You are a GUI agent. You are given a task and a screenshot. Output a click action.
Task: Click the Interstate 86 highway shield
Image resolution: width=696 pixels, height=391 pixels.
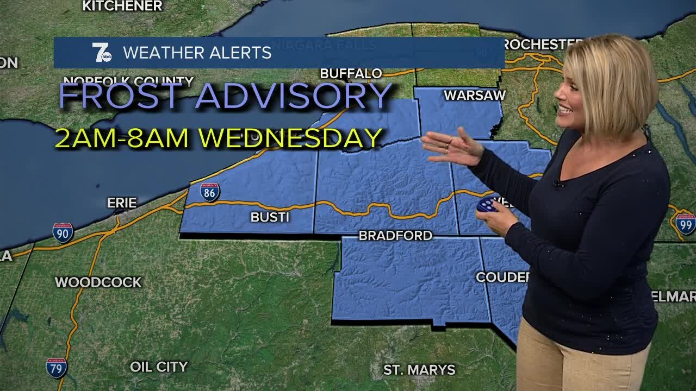click(210, 192)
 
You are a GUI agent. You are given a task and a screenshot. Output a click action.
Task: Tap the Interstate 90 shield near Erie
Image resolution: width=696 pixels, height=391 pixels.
click(63, 232)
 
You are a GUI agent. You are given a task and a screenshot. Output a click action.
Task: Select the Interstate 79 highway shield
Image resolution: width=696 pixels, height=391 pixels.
click(57, 368)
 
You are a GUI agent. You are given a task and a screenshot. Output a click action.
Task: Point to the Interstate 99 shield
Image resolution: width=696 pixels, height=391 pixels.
click(685, 224)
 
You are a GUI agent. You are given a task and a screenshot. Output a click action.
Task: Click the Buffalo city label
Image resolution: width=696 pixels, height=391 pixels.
click(351, 73)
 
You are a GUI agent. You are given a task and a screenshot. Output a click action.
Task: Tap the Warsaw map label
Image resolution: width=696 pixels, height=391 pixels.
click(474, 96)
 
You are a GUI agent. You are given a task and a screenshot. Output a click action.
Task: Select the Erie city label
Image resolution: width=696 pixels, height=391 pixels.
click(122, 203)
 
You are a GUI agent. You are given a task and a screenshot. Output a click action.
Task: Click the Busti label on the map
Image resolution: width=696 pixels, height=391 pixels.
click(270, 217)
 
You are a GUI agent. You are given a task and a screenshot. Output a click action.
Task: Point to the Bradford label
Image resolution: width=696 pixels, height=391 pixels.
click(395, 235)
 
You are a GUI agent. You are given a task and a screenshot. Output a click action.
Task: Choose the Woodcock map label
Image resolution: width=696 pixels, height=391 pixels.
click(98, 282)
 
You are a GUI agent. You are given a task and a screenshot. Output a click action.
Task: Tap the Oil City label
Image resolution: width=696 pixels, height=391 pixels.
click(159, 367)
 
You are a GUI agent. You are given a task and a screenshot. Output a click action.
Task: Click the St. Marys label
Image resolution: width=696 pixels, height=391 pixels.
click(419, 370)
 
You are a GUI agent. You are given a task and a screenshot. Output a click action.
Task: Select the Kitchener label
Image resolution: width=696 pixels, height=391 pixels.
click(122, 6)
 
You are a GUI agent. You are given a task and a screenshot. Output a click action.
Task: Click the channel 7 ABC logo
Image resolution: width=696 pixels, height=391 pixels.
click(101, 53)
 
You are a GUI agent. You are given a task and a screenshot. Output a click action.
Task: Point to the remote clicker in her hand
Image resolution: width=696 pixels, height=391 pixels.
click(486, 205)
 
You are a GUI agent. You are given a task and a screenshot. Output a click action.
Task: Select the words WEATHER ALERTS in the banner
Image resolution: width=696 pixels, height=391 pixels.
click(197, 53)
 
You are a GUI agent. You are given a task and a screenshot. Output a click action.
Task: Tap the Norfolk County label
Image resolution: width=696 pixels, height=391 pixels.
click(128, 82)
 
